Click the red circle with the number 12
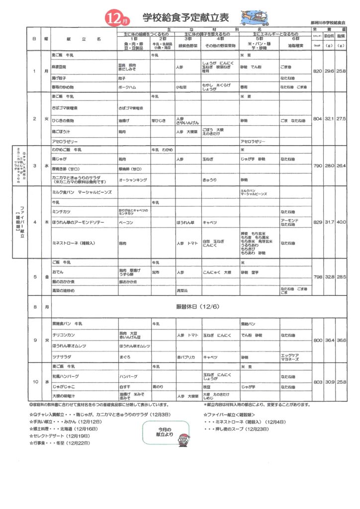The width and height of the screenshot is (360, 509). (112, 18)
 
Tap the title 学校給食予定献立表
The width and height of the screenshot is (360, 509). (185, 18)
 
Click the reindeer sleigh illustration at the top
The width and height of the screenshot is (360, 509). (254, 17)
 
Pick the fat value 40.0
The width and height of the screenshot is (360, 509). (341, 222)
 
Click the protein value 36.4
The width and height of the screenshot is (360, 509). (329, 340)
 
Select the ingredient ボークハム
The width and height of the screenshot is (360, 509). (127, 86)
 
